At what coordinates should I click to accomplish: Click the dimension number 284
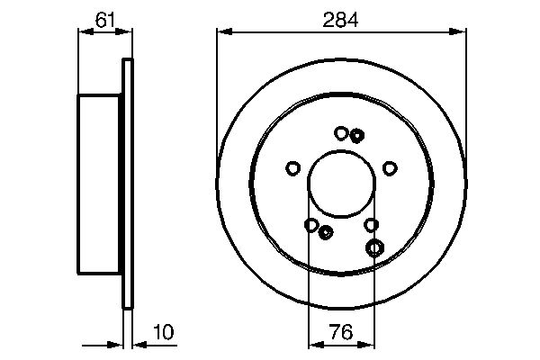point(340,20)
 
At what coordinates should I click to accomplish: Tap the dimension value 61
point(105,20)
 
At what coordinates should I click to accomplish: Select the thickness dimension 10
point(164,332)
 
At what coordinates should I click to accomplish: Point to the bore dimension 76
point(341,332)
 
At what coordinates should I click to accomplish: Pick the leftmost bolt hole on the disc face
point(293,168)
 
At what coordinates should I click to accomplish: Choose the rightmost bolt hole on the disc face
point(391,168)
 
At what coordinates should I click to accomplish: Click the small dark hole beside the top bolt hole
point(356,136)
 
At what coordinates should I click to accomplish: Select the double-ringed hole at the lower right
point(374,247)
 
